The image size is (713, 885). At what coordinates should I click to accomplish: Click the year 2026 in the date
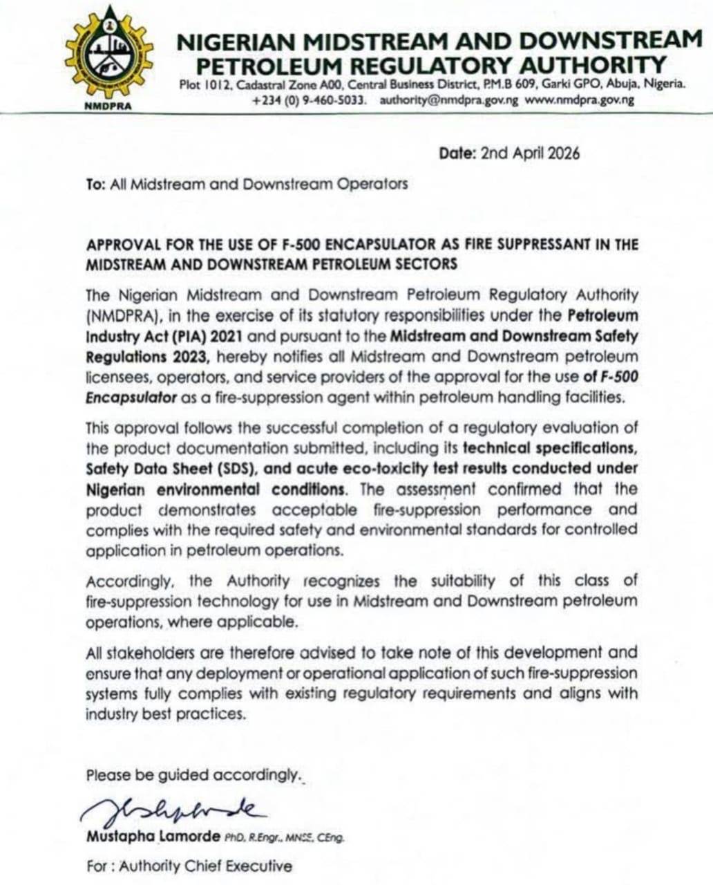(564, 153)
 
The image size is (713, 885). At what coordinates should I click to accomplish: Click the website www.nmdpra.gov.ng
(580, 100)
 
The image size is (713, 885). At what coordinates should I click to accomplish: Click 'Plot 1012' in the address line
(201, 85)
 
